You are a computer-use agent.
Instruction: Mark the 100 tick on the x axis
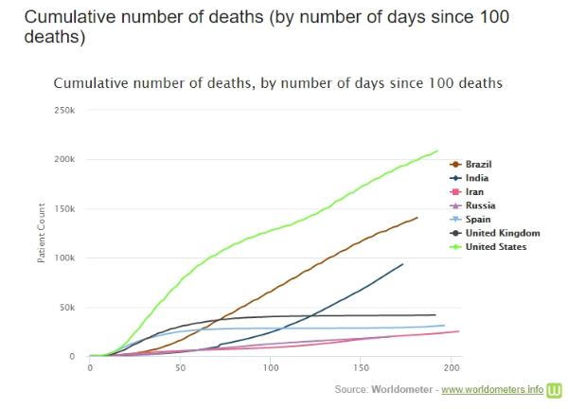[271, 367]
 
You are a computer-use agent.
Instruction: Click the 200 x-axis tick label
[452, 367]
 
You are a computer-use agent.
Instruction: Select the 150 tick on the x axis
[362, 367]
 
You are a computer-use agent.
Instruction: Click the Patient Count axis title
[43, 233]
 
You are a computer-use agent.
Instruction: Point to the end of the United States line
[437, 151]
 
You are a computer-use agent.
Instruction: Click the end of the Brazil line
[417, 218]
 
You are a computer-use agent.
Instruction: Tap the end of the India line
[402, 264]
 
